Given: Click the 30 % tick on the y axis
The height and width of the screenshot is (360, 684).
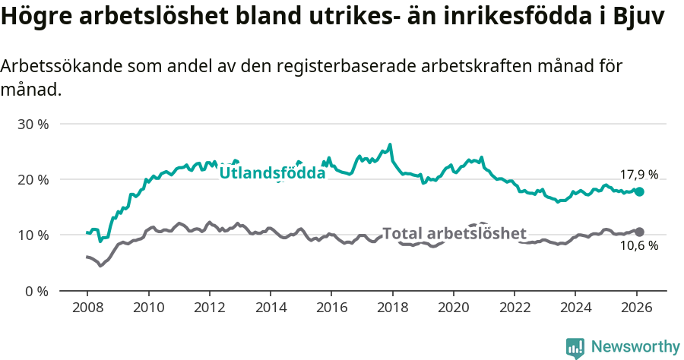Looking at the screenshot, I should point(33,124).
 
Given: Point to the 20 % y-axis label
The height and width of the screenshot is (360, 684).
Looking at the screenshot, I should point(33,180).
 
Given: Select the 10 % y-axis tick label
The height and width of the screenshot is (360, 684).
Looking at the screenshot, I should point(33,235).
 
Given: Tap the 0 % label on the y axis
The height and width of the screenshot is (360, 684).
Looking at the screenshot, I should point(37,291).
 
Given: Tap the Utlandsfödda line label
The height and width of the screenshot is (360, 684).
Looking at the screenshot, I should point(272,173).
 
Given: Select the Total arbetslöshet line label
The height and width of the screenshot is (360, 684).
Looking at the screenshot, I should point(454,233).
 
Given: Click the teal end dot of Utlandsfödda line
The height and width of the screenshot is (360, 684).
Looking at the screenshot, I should point(639,192).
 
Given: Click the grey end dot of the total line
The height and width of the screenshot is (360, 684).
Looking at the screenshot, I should point(639,232).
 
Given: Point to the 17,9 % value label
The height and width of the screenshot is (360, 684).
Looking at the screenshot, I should point(638,175).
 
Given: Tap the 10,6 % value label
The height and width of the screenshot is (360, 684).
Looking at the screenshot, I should point(638,246).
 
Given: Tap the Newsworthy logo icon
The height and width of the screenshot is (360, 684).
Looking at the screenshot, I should point(575,347).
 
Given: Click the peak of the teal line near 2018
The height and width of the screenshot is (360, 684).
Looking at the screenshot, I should point(390,144).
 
